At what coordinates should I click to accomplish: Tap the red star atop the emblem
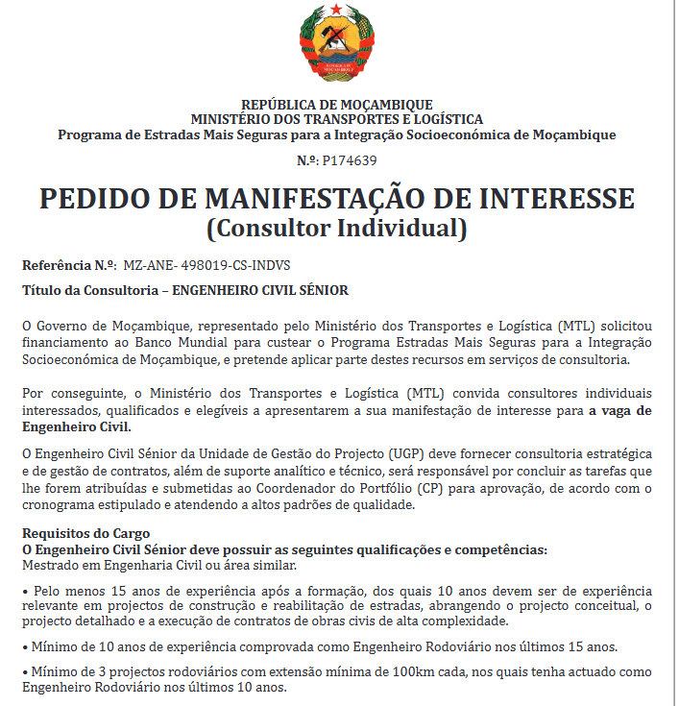pyautogui.click(x=336, y=11)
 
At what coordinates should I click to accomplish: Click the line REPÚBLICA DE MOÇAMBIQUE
pyautogui.click(x=336, y=104)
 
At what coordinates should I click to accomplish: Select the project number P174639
pyautogui.click(x=350, y=160)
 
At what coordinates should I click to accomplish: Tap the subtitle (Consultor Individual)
pyautogui.click(x=337, y=230)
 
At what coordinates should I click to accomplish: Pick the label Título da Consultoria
pyautogui.click(x=89, y=289)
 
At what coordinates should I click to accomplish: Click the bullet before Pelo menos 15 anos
pyautogui.click(x=25, y=590)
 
